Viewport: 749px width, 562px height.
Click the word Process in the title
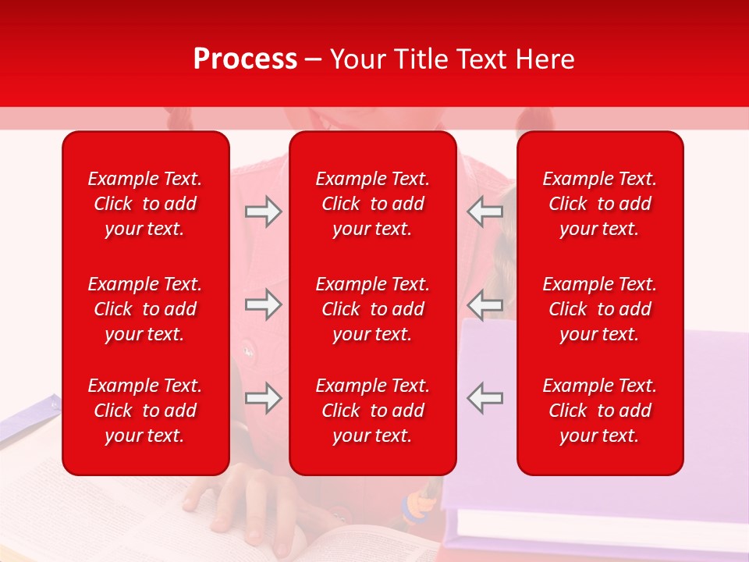coord(245,59)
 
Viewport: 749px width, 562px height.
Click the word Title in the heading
coord(422,59)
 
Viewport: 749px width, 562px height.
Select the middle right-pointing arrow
coord(263,304)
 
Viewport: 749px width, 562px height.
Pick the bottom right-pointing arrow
coord(263,398)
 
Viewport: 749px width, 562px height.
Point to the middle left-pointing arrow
coord(485,304)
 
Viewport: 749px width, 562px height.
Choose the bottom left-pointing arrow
coord(485,398)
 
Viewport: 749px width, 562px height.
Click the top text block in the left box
coord(145,204)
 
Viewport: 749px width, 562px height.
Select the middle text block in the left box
coord(145,309)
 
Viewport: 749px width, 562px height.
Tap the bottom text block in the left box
coord(145,411)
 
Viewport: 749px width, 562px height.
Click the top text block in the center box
coord(373,204)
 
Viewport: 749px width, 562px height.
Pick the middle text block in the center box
coord(373,309)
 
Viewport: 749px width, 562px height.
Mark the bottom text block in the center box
coord(373,411)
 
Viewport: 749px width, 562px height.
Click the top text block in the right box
coord(600,204)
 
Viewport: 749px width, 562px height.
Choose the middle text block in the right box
coord(600,309)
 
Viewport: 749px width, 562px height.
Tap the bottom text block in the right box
coord(600,411)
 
